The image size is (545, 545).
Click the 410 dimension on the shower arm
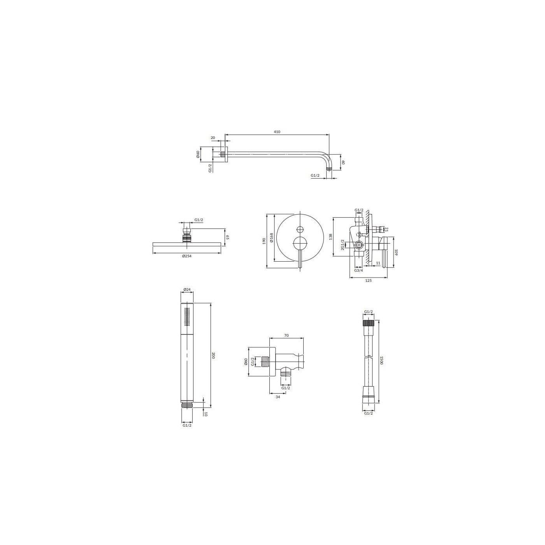(277, 132)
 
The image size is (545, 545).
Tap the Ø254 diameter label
(187, 256)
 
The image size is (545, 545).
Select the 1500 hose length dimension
(381, 360)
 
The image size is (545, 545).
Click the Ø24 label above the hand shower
(187, 289)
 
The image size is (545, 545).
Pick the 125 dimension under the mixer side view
(368, 281)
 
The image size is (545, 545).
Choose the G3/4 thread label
(358, 271)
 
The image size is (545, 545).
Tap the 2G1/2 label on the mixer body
(343, 244)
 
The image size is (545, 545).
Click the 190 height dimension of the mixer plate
(264, 241)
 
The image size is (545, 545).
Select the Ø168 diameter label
(271, 238)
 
